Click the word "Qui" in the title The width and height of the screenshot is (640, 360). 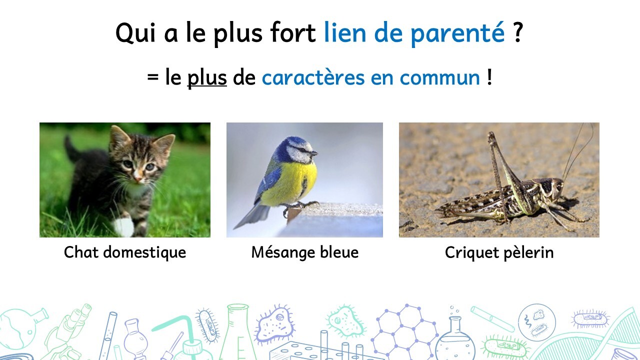coord(136,32)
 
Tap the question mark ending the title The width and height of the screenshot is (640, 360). coord(517,31)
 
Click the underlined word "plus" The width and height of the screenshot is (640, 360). coord(207,78)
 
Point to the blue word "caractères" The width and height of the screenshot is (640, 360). coord(313,77)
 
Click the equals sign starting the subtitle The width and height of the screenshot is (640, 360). coord(153,77)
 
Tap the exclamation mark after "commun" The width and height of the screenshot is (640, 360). coord(489,76)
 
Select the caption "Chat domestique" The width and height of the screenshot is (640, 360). coord(125,252)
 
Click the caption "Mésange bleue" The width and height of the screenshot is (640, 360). coord(305,252)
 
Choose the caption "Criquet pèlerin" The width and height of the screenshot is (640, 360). coord(499,253)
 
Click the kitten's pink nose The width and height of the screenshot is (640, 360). coord(138,179)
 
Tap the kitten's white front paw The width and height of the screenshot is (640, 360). coord(123,226)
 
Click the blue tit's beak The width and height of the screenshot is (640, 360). coord(314,153)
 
